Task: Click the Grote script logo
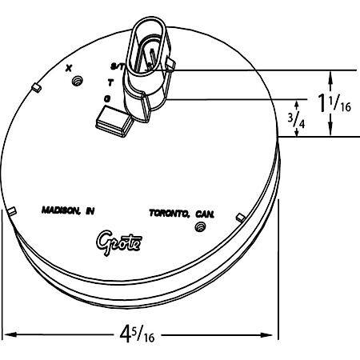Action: [x=119, y=242]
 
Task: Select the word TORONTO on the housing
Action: [x=169, y=213]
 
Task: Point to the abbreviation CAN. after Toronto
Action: [x=205, y=214]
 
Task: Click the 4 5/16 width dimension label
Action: [x=137, y=333]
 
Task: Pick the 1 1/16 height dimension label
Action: [x=334, y=102]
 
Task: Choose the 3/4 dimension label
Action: [x=296, y=120]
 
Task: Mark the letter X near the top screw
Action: [x=69, y=68]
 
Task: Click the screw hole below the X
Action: [x=78, y=81]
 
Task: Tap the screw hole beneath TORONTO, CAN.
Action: [x=200, y=227]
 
